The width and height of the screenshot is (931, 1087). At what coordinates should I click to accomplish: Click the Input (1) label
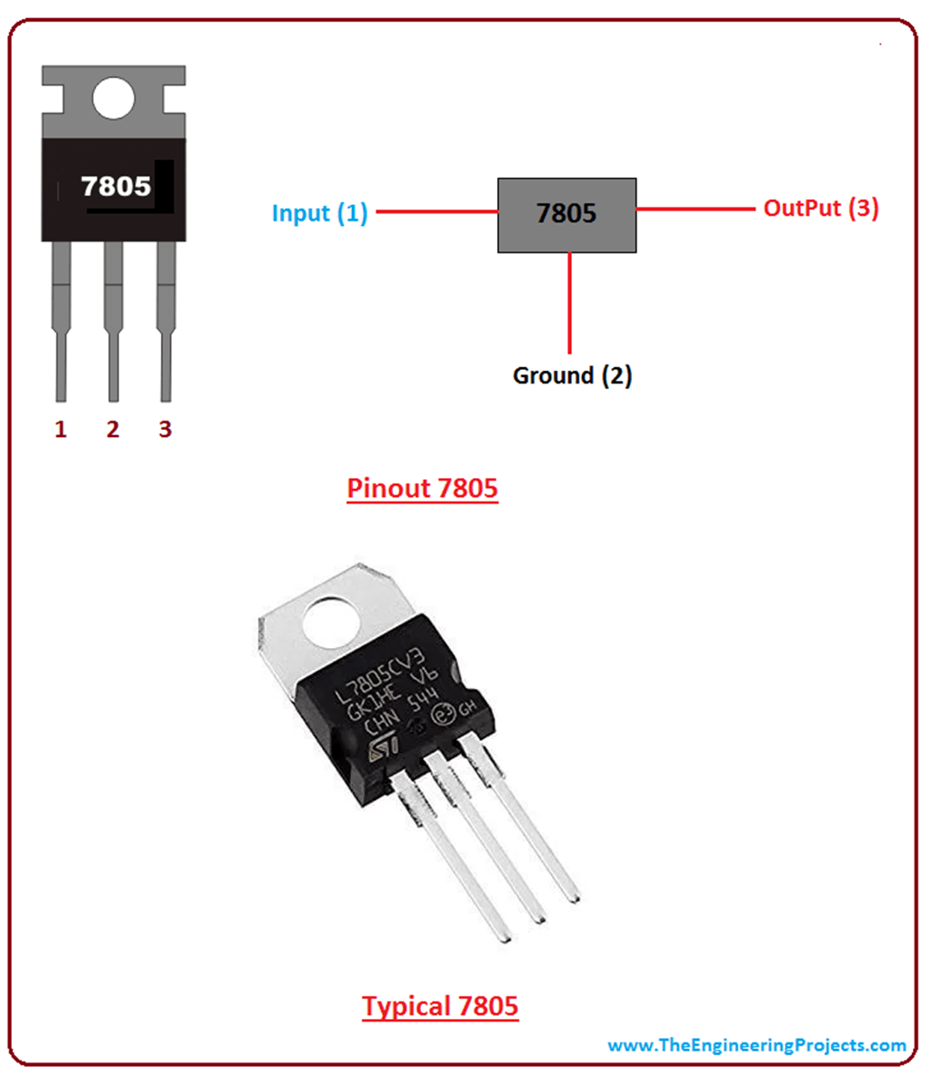(x=319, y=214)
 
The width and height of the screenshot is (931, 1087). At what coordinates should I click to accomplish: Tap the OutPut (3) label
(x=820, y=208)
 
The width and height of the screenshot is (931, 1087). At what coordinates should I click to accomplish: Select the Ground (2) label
(x=572, y=375)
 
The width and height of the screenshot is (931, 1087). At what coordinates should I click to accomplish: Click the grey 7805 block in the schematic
(x=566, y=214)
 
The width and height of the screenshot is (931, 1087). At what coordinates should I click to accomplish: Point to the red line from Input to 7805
(x=436, y=212)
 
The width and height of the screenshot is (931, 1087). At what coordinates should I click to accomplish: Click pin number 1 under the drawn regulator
(x=61, y=429)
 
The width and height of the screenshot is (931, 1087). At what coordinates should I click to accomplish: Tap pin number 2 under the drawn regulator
(x=113, y=429)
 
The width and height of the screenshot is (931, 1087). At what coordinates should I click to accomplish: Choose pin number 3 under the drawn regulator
(x=165, y=429)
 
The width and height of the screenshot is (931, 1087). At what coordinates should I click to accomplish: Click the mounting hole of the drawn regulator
(x=114, y=97)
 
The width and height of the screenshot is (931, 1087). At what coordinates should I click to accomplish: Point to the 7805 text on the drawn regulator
(x=115, y=186)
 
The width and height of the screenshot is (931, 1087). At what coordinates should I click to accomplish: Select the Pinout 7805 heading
(x=422, y=488)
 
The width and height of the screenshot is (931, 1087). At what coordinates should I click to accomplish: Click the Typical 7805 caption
(x=440, y=1006)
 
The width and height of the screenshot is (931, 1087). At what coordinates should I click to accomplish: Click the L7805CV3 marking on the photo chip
(x=386, y=670)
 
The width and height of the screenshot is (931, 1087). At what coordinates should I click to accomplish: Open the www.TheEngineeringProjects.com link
(x=756, y=1045)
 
